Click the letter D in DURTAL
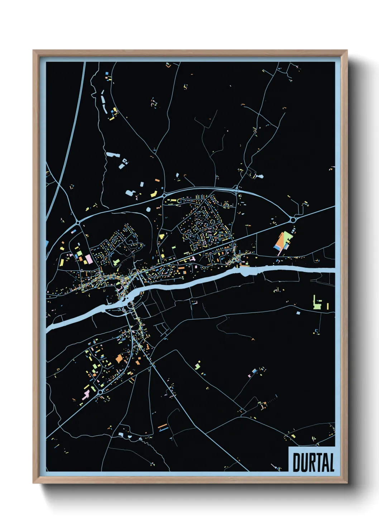click(x=297, y=463)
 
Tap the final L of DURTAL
click(x=331, y=463)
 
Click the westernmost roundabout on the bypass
click(x=78, y=223)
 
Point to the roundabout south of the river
click(x=100, y=392)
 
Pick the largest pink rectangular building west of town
click(x=88, y=259)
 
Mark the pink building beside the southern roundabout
click(x=86, y=395)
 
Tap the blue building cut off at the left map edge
click(x=47, y=244)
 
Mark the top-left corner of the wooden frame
click(x=33, y=51)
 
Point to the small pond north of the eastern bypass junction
click(x=260, y=176)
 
